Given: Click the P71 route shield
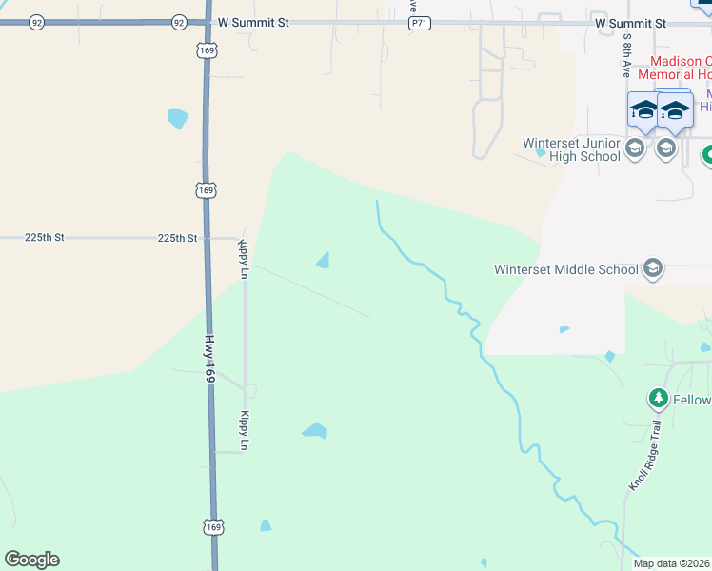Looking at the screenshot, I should click(418, 22).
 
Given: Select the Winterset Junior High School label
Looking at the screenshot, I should click(571, 149).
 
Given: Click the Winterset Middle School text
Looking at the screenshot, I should click(565, 269).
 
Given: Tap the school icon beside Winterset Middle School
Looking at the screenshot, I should click(652, 268).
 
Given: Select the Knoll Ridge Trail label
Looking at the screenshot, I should click(643, 458).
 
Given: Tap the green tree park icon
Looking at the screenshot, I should click(657, 397).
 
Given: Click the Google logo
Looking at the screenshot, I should click(31, 560).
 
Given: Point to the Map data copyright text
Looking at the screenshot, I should click(672, 563).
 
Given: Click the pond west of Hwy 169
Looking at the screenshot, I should click(178, 119).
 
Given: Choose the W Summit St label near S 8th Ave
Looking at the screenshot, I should click(630, 22).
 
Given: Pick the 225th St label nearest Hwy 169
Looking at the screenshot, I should click(177, 238).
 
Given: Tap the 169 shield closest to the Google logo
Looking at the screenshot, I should click(212, 526).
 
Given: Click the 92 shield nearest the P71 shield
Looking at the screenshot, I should click(179, 22).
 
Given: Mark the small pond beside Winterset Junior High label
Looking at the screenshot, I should click(541, 152).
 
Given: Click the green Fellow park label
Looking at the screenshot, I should click(692, 400).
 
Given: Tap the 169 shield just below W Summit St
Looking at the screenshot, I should click(207, 49).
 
